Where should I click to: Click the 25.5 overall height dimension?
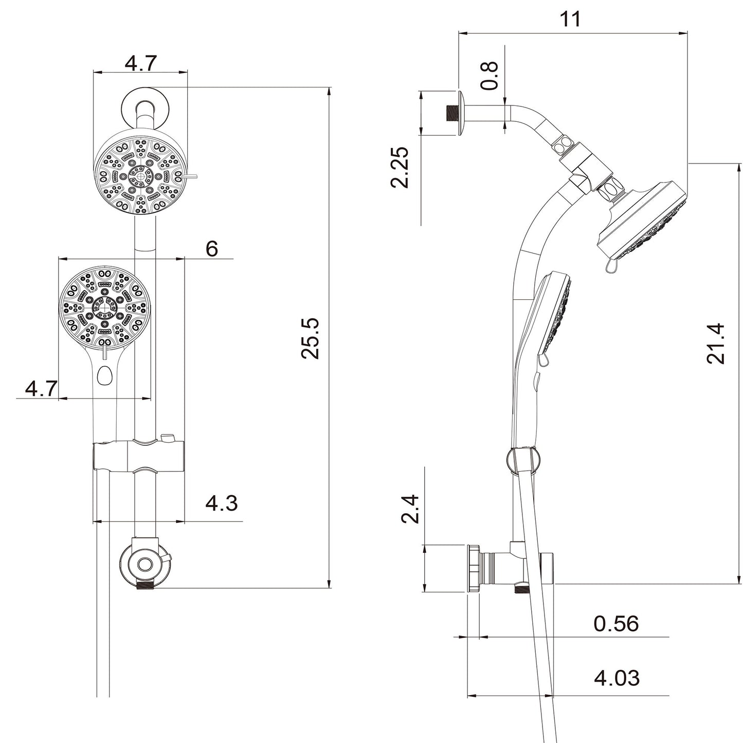point(311,338)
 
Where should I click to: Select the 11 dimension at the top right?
point(570,19)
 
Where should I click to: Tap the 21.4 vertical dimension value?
point(715,343)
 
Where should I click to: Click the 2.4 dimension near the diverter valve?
point(411,509)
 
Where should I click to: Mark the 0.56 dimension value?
point(615,624)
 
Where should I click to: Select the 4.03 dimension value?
point(617,678)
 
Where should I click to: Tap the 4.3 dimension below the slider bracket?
point(221,503)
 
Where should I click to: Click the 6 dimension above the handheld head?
point(211,249)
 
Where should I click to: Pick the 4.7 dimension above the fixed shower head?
point(140,64)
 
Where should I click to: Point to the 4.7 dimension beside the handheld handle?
point(41,389)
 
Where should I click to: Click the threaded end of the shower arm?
point(451,113)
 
